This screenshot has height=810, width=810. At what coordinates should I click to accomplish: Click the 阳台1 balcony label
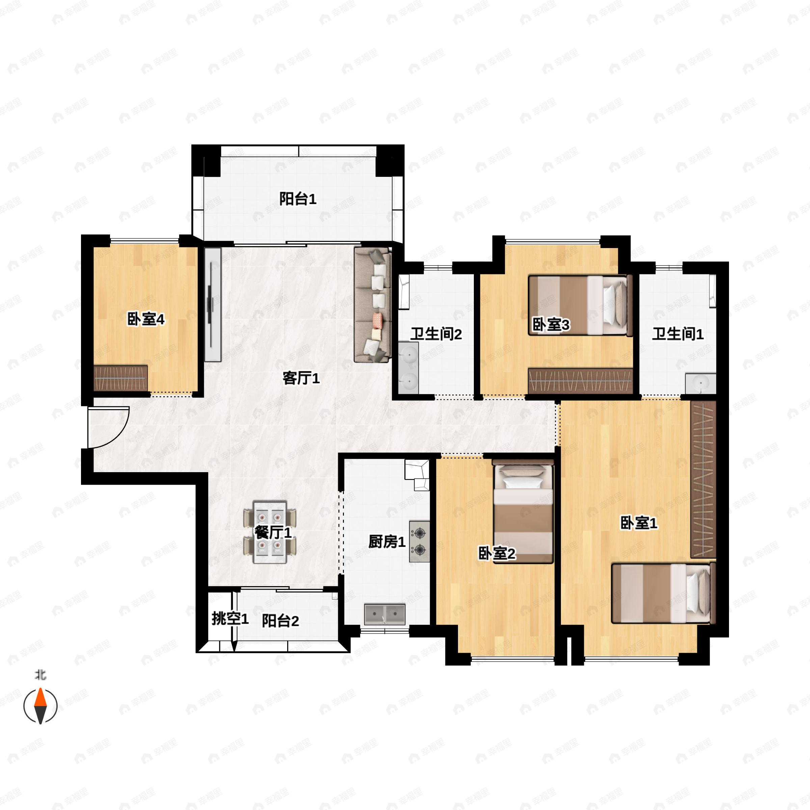(298, 199)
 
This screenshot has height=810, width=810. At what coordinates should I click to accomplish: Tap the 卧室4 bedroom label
(146, 320)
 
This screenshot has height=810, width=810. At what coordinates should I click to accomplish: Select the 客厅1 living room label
(301, 379)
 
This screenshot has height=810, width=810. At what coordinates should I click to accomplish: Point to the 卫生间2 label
(436, 334)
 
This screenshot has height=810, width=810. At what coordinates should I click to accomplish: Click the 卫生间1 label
(677, 334)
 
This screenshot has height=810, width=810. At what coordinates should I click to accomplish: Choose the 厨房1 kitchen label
(386, 542)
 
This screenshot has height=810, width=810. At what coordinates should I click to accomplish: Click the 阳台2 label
(280, 621)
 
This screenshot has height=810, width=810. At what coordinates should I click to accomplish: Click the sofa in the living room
(373, 304)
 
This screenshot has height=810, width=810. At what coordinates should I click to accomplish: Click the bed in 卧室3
(580, 305)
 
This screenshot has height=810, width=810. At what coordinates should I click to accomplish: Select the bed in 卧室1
(663, 593)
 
